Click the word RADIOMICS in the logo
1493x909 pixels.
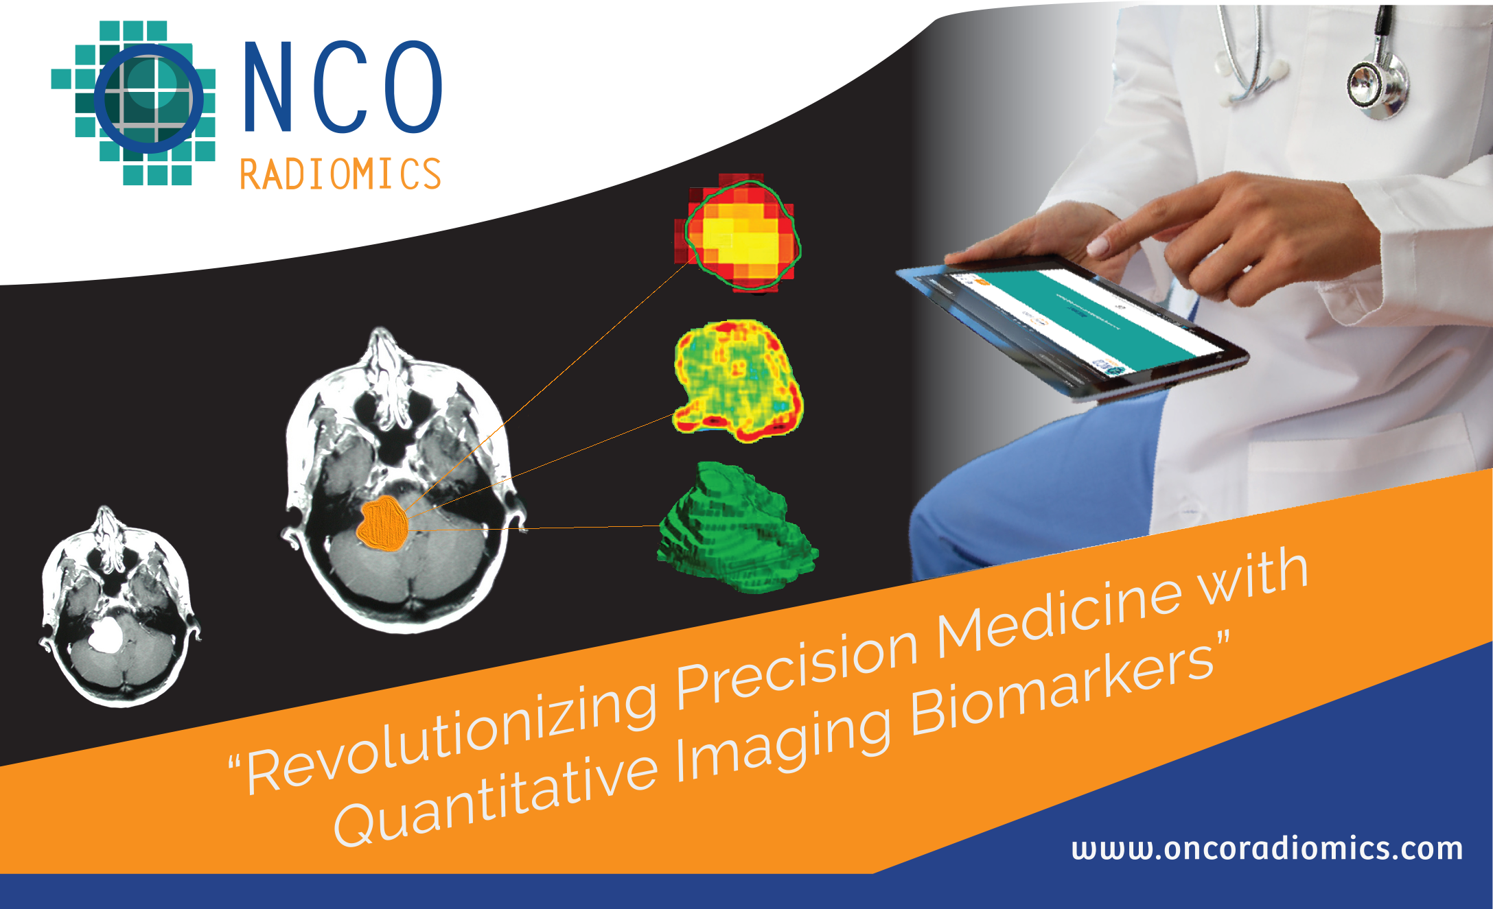(x=340, y=174)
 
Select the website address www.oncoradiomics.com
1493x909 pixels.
(x=1267, y=849)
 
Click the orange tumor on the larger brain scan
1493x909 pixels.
(x=383, y=523)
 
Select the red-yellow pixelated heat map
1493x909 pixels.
(x=738, y=233)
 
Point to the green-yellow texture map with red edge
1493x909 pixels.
(x=738, y=381)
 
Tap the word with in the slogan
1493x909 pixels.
(x=1252, y=576)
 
